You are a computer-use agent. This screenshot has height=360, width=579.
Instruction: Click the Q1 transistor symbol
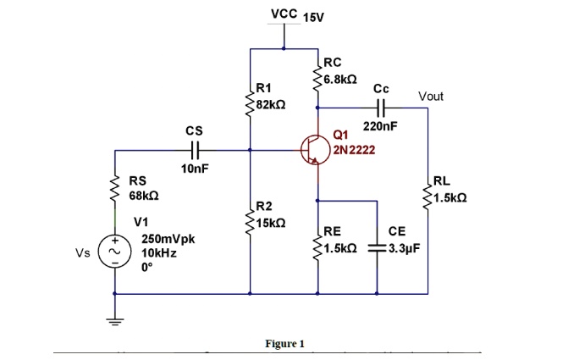(x=314, y=151)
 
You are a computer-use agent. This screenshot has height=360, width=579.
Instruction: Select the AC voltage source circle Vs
(x=115, y=252)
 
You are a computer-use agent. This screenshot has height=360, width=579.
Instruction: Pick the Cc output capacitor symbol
(x=380, y=108)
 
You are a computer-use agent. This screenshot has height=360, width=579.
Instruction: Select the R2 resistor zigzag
(x=251, y=219)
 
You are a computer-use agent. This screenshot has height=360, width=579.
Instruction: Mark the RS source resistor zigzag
(x=115, y=188)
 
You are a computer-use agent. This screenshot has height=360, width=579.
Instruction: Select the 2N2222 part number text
(x=355, y=151)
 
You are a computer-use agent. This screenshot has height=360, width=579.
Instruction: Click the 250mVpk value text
(x=168, y=239)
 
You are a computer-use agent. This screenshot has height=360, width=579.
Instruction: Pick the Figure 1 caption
(x=284, y=343)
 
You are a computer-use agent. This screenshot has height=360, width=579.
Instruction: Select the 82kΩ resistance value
(x=272, y=104)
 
